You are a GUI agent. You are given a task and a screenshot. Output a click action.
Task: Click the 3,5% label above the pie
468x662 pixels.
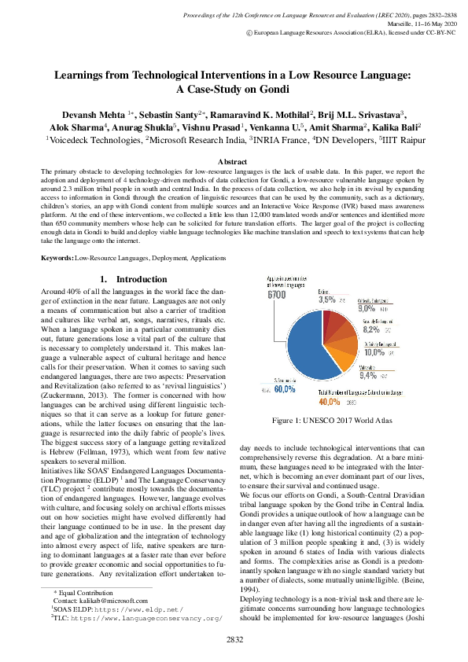click(326, 300)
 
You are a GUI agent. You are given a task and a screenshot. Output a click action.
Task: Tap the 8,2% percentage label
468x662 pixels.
click(372, 330)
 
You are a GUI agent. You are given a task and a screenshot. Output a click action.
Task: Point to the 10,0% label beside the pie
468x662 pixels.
click(374, 352)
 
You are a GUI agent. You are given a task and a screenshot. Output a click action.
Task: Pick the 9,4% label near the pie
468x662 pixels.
click(368, 375)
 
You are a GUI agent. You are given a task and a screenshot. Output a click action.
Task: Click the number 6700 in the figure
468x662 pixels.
click(276, 295)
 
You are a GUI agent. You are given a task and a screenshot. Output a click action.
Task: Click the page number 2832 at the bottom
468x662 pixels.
click(234, 639)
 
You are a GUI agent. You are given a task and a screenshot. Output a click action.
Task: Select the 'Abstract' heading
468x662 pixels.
click(234, 160)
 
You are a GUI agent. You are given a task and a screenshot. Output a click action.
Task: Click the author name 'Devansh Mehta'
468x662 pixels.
click(81, 114)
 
